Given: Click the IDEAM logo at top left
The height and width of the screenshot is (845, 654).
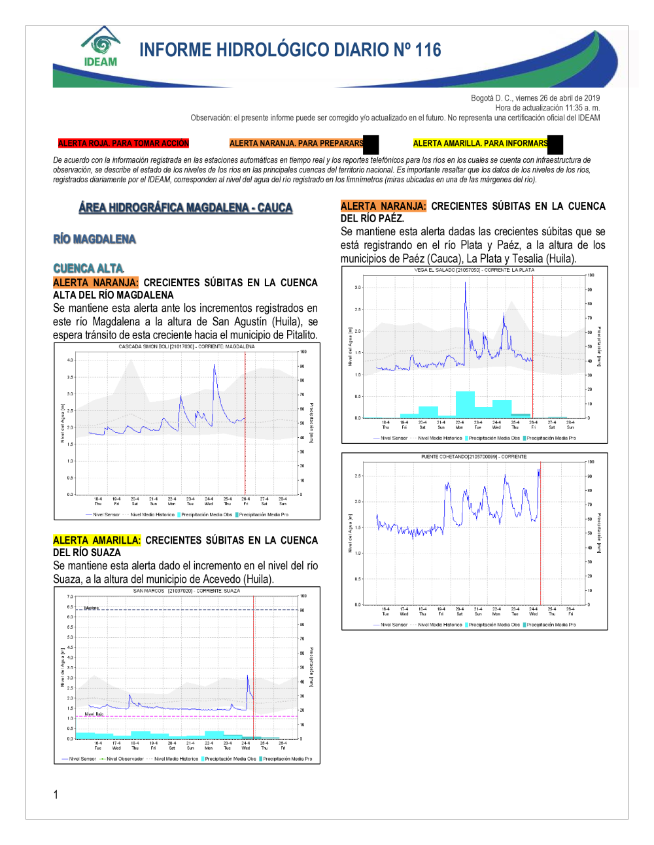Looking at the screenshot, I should pos(100,46).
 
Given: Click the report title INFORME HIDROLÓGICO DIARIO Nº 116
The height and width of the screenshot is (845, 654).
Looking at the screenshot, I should pos(290,50).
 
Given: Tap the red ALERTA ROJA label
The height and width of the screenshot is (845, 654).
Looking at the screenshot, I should pos(123,143).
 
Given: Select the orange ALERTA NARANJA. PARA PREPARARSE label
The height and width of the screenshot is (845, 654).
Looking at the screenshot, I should pos(296,143).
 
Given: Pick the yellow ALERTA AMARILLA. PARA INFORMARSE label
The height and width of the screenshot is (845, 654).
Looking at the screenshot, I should pos(480,143).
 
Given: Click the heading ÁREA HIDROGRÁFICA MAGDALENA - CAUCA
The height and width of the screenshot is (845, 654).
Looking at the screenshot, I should pos(186,208).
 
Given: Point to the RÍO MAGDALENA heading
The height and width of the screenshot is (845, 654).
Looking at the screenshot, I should pos(94,239).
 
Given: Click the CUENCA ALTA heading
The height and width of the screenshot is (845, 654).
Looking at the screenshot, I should pos(88,269).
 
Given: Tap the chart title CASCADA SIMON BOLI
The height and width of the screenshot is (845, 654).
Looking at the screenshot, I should pos(186,346).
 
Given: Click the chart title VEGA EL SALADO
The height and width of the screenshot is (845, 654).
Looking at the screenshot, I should pos(474,269).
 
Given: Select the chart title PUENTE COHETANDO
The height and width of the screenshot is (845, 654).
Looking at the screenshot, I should pos(474,456).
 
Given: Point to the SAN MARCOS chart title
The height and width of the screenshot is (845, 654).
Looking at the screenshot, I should pos(186,591).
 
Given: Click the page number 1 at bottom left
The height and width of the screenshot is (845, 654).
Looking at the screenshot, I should pos(56,795).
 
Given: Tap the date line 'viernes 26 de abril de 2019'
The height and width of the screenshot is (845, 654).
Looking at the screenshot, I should pos(535,98).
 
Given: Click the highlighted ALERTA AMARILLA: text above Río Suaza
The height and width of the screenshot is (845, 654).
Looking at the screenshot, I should pos(97,540).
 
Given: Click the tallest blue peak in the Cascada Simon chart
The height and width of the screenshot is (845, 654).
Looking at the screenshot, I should pos(215,366).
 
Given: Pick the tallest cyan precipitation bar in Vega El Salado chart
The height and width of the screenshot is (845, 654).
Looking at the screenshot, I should pos(465,403).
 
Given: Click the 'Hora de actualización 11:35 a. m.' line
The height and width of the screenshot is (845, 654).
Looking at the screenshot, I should pos(547,108).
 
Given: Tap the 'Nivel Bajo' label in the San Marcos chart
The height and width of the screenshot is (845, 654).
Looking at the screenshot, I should pos(94,714).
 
